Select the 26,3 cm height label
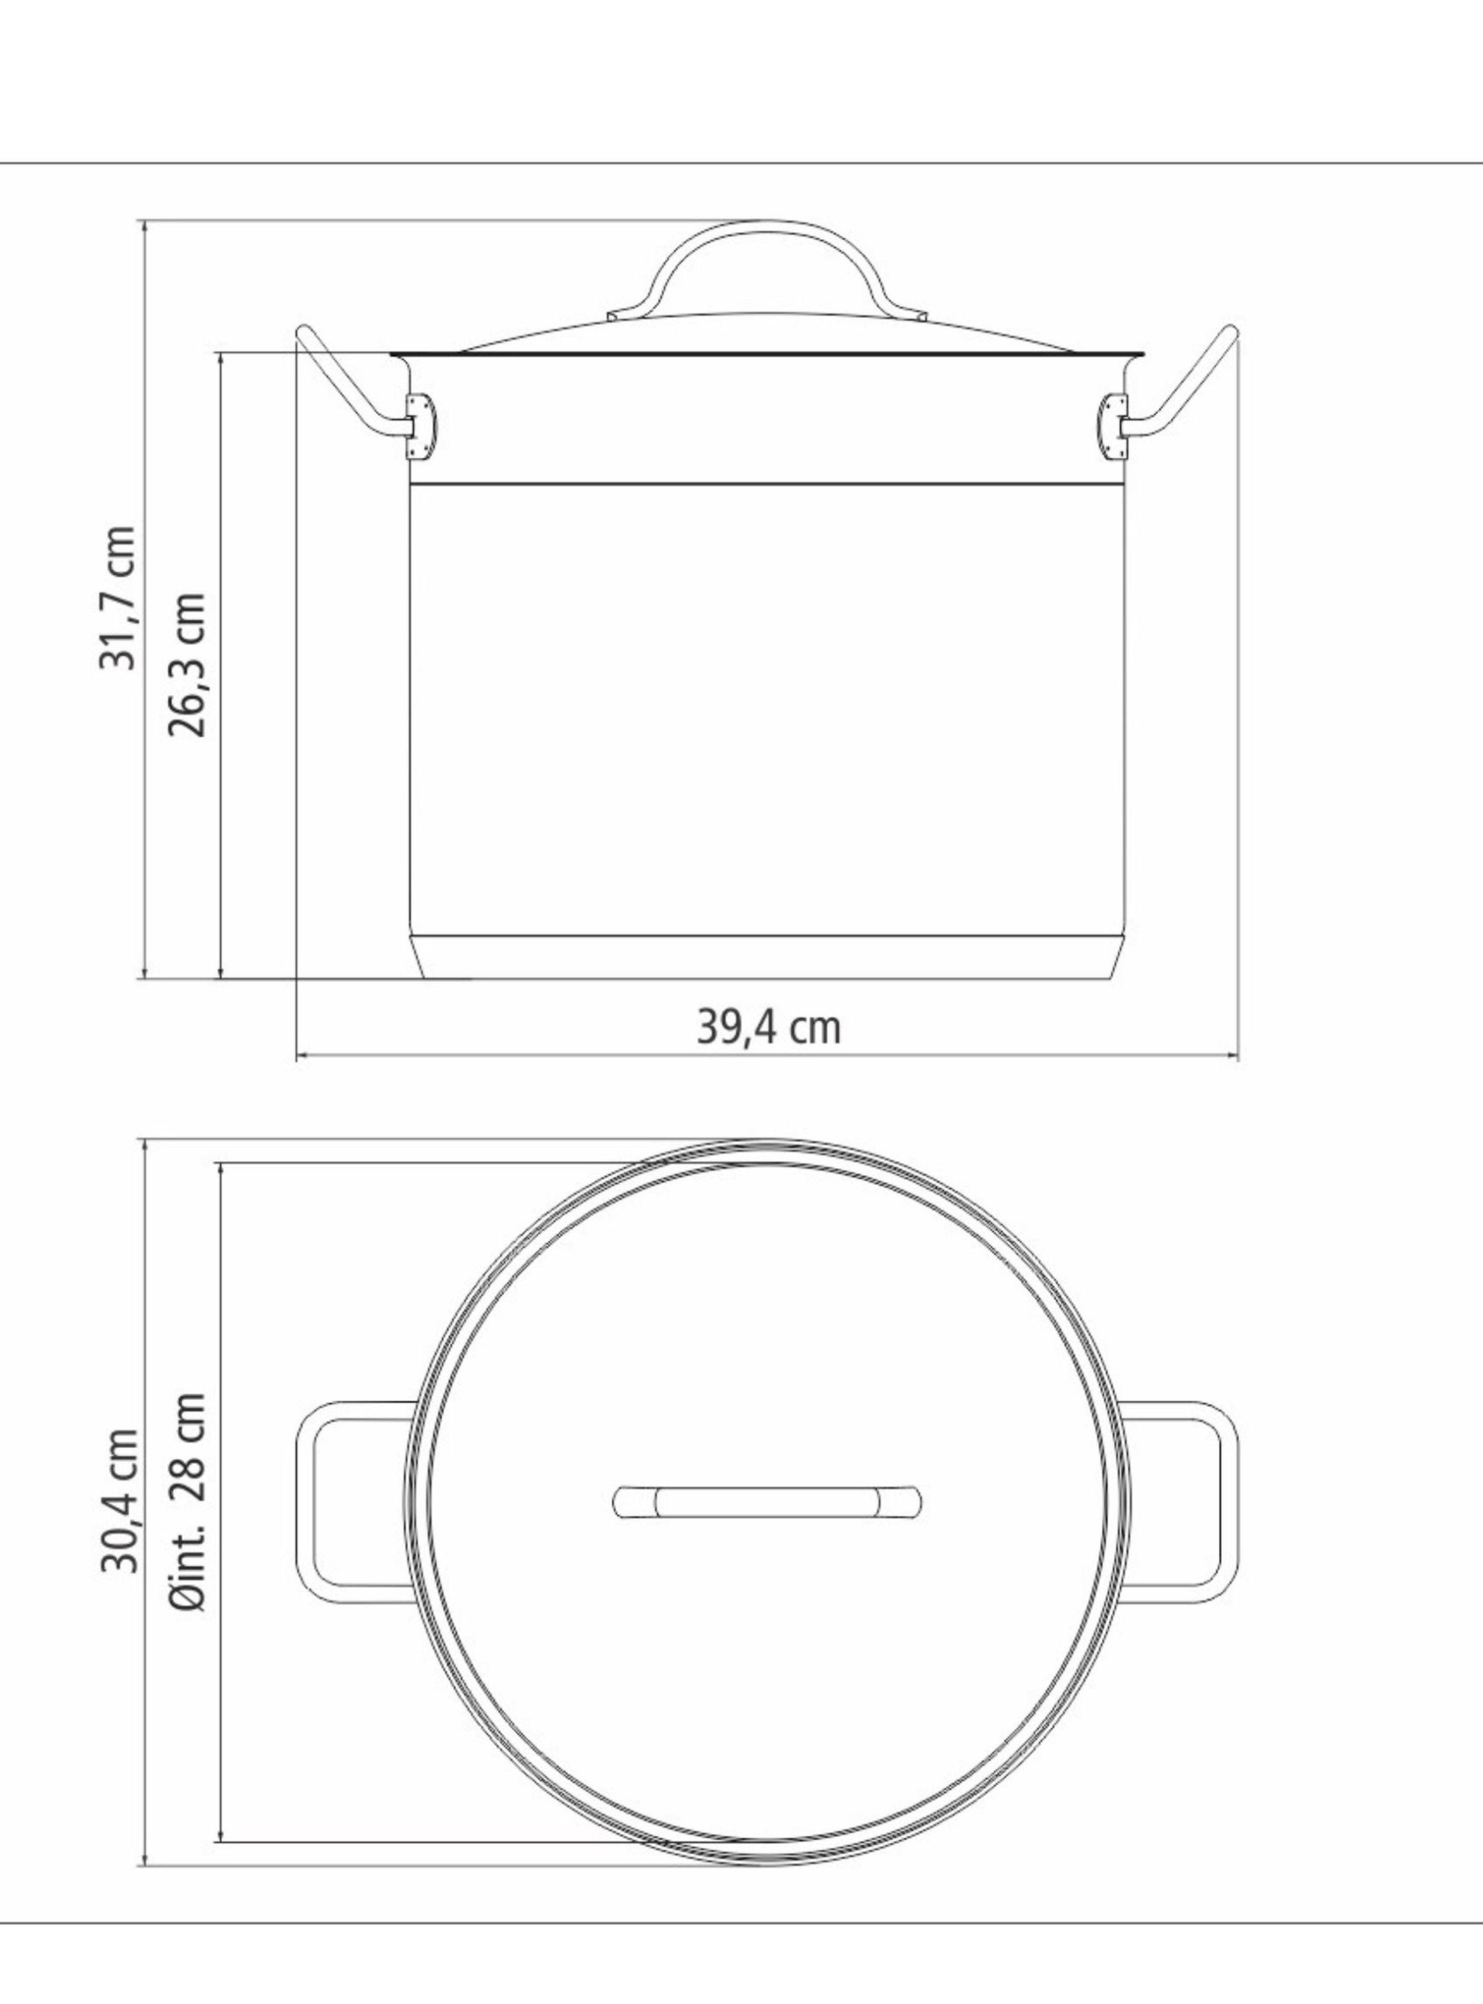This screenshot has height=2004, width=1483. tap(188, 664)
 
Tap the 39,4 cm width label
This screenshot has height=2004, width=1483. tap(769, 1027)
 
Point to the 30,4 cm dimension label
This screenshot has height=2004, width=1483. tap(118, 1501)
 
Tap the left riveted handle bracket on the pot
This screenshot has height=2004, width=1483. tap(419, 426)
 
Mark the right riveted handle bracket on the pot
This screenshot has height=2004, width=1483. tap(1113, 426)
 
